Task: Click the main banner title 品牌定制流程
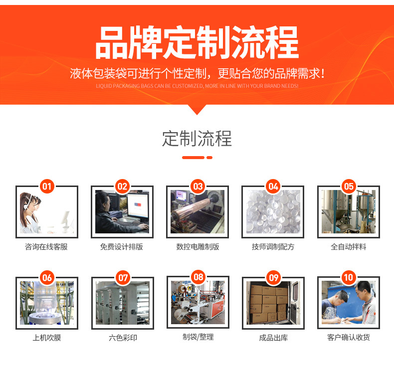[x=197, y=43]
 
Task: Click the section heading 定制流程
[x=197, y=139]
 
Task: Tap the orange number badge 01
[x=47, y=187]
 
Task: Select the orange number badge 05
[x=349, y=187]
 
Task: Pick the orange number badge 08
[x=198, y=277]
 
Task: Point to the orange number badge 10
[x=349, y=277]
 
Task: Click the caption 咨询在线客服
[x=46, y=247]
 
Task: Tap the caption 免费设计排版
[x=122, y=247]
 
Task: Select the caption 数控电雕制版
[x=197, y=247]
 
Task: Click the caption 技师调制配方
[x=273, y=247]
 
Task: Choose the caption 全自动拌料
[x=349, y=247]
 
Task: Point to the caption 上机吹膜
[x=46, y=338]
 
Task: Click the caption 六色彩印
[x=123, y=338]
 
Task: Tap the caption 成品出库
[x=273, y=338]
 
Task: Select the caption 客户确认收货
[x=349, y=338]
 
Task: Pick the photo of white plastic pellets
[x=273, y=212]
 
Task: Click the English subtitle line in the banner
[x=197, y=86]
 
